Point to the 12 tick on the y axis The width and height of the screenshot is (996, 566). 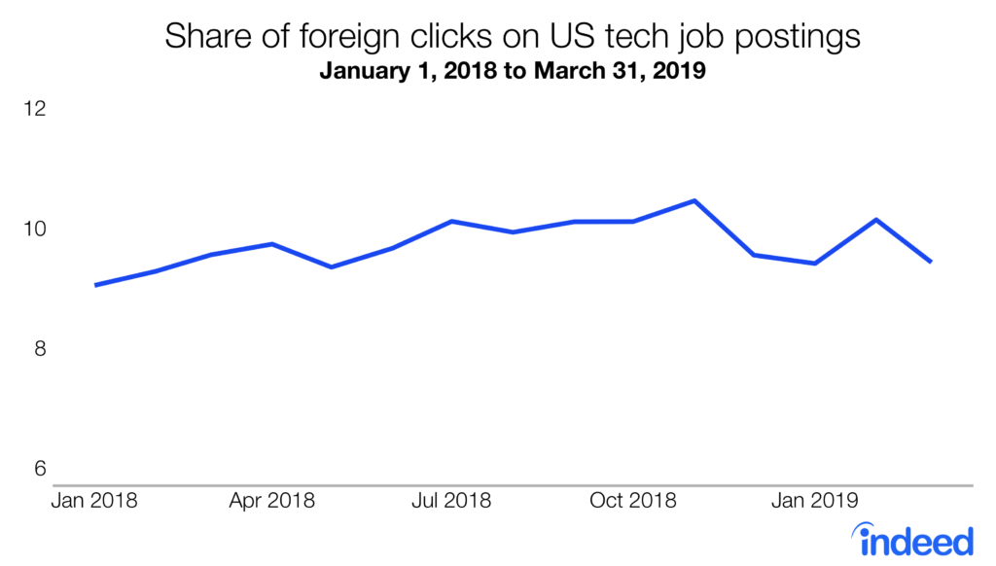(35, 109)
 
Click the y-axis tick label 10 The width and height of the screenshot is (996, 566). (35, 230)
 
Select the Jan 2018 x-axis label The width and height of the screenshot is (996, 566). (94, 502)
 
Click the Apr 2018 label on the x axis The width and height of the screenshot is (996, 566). (273, 502)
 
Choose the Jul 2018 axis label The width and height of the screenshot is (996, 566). (450, 502)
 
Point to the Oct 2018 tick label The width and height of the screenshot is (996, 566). (633, 502)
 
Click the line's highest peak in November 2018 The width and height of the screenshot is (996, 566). (694, 201)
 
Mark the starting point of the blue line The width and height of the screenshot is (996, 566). (95, 285)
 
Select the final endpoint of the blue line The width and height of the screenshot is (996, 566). (931, 262)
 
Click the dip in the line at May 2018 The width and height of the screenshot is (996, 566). (332, 266)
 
